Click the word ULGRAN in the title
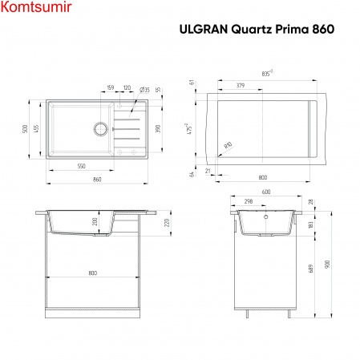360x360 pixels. [201, 26]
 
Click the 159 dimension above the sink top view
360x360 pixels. [111, 88]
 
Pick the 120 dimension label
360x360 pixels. [127, 88]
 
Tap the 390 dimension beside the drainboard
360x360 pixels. [157, 128]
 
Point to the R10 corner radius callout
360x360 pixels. [228, 145]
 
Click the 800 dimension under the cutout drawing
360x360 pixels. [263, 176]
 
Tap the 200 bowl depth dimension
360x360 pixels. [94, 222]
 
